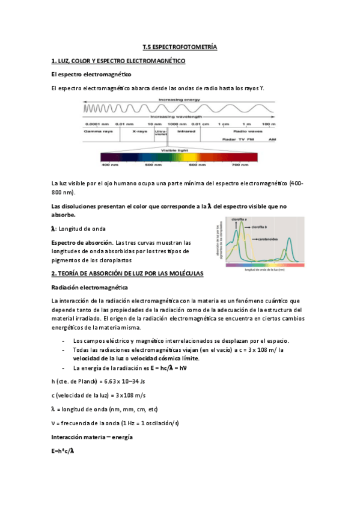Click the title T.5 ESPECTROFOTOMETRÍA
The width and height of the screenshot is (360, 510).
point(180,46)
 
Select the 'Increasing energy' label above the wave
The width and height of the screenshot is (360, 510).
point(179,99)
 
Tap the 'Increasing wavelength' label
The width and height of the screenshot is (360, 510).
point(179,117)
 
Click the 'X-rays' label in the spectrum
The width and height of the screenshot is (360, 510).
point(139,131)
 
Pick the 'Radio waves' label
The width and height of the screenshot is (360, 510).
point(248,131)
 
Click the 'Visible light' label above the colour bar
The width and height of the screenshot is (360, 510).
point(179,150)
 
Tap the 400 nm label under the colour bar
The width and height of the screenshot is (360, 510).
point(109,165)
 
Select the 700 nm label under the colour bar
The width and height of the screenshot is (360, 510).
point(240,165)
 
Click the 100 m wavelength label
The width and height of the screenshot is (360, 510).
point(269,124)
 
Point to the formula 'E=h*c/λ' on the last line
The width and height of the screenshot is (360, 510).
point(63,450)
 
